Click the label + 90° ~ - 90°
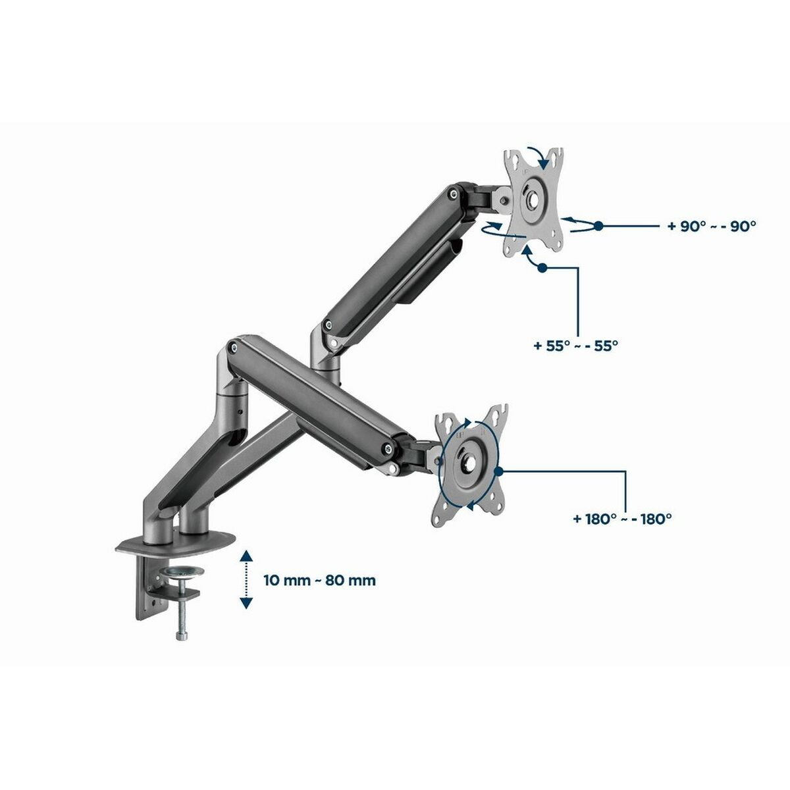pyautogui.click(x=711, y=225)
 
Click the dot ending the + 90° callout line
pyautogui.click(x=598, y=226)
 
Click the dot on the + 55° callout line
pyautogui.click(x=542, y=267)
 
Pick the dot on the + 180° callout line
pyautogui.click(x=500, y=471)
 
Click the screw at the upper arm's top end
pyautogui.click(x=454, y=194)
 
